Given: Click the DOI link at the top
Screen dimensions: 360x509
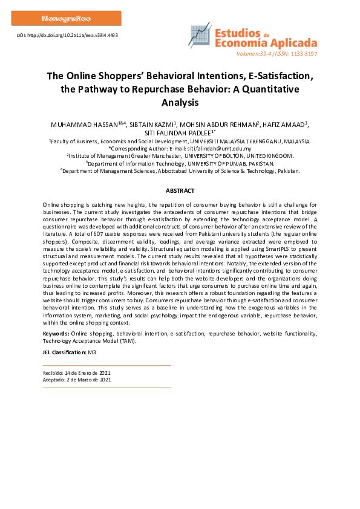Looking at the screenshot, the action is coord(67,36).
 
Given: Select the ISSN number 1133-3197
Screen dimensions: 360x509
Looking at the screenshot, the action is coord(303,53).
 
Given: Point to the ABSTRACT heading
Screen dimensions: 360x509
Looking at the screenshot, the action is coord(180,190).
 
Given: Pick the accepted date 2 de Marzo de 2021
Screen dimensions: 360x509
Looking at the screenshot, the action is coord(86,380).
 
